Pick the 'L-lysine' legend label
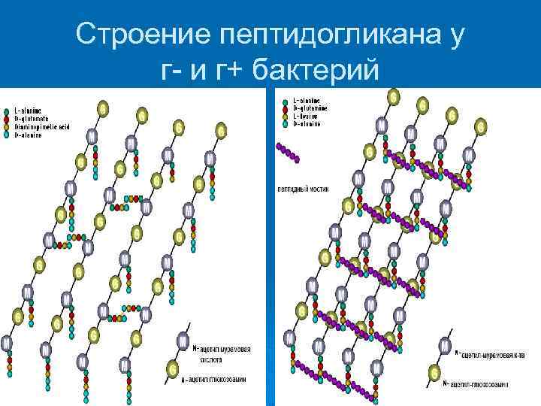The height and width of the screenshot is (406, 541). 306,117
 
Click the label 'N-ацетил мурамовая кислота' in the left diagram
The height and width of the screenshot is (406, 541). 221,353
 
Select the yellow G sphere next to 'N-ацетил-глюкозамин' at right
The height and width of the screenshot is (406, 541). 434,371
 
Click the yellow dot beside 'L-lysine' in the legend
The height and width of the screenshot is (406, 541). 285,117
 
